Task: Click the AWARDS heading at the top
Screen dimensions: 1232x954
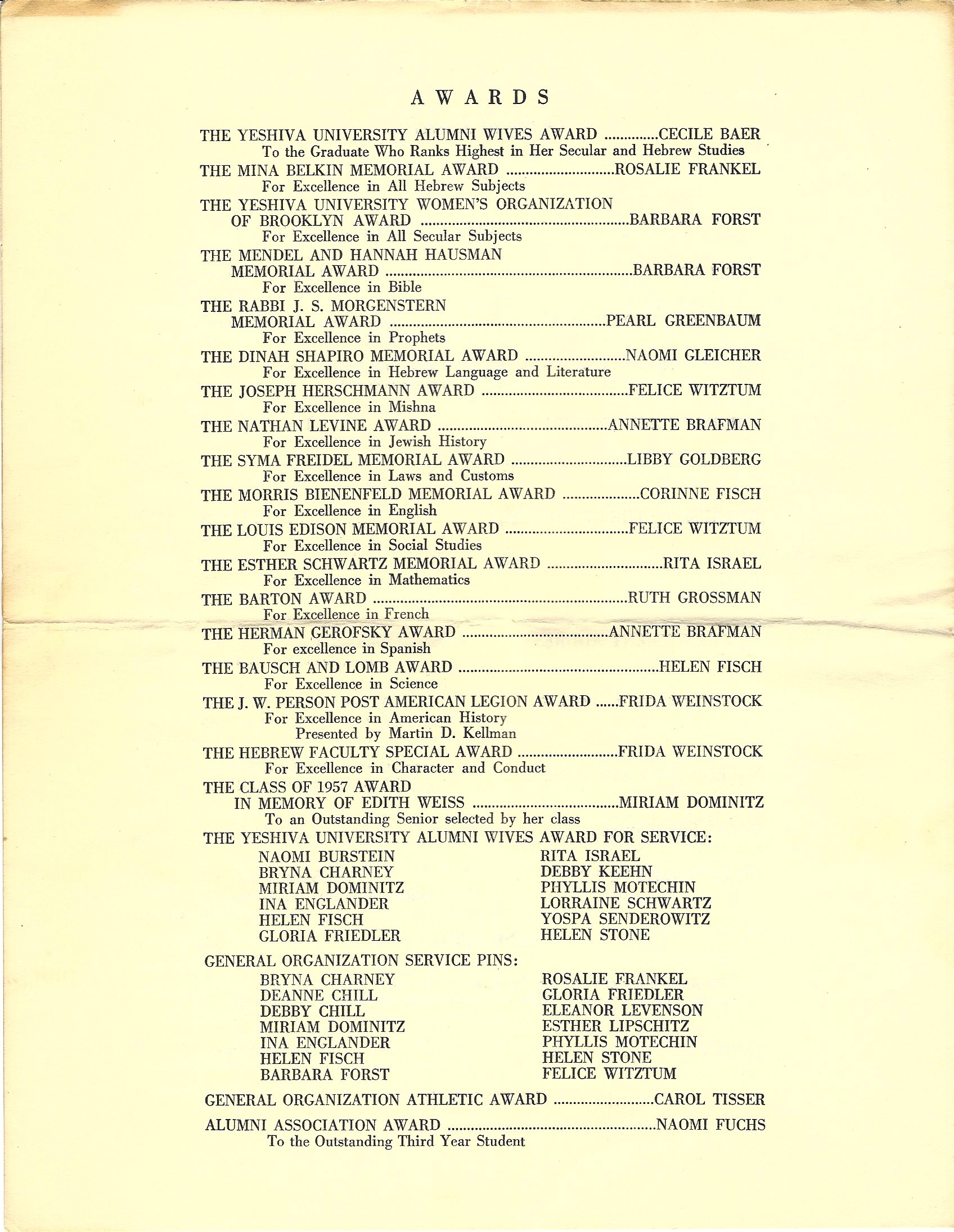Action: [480, 98]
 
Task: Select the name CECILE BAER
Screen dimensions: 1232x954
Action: [709, 134]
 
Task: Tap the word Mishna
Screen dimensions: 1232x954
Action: [412, 407]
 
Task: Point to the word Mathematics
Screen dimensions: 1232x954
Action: [429, 580]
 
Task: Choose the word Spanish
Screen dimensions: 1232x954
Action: [406, 649]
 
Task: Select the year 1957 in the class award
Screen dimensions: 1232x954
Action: [323, 787]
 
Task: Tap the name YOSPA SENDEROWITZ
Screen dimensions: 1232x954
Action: [625, 919]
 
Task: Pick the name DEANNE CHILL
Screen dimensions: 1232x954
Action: [318, 995]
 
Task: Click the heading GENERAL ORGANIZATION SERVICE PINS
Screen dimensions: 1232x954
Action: [361, 960]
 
